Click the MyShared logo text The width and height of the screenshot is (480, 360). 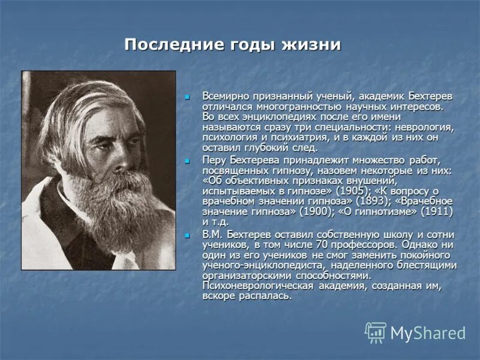click(x=428, y=333)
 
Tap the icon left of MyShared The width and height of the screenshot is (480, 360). click(x=376, y=332)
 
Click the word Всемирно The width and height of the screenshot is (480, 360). click(x=225, y=96)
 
